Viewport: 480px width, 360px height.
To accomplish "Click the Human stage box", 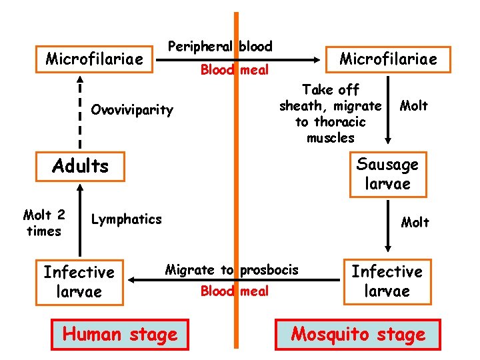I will (x=120, y=334).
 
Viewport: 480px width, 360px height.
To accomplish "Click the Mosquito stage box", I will (x=358, y=334).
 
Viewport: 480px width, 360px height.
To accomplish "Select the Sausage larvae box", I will (x=388, y=174).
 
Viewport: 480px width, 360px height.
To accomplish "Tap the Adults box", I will (x=80, y=165).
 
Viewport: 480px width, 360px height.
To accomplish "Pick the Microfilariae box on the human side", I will (x=94, y=59).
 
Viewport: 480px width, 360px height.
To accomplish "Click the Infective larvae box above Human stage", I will (x=79, y=281).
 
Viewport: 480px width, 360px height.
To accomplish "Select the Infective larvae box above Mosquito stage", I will (x=387, y=281).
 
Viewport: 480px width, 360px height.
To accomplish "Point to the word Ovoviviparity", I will (x=132, y=109).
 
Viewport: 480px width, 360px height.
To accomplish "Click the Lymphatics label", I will (x=126, y=219).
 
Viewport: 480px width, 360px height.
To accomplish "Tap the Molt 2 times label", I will (x=44, y=223).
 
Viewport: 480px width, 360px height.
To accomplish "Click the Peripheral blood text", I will (x=220, y=47).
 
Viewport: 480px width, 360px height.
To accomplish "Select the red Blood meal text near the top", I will (x=235, y=69).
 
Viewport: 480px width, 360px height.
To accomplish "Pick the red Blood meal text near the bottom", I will (x=235, y=291).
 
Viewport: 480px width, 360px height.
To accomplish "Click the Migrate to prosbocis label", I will (x=231, y=270).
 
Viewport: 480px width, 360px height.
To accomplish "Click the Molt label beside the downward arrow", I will (x=413, y=106).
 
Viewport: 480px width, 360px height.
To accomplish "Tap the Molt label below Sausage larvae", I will (x=415, y=222).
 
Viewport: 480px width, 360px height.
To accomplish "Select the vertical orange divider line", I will (x=235, y=187).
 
